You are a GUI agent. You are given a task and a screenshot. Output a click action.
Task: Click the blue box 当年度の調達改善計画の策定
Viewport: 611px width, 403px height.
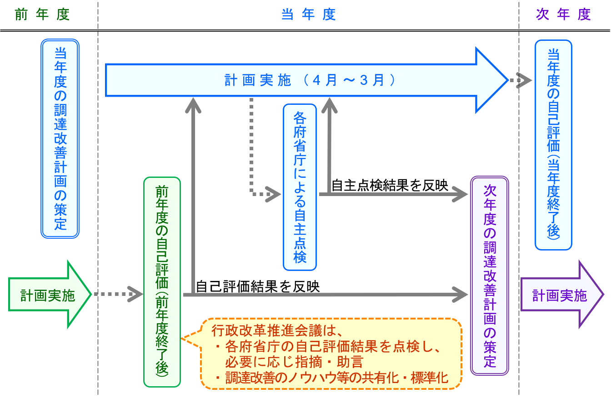(60, 138)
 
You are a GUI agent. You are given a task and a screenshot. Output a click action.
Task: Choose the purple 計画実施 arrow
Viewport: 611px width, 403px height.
(560, 295)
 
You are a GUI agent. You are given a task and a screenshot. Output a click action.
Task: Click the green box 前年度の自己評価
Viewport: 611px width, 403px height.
(162, 281)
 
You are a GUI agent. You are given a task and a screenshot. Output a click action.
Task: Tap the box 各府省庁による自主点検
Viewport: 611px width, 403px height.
(300, 187)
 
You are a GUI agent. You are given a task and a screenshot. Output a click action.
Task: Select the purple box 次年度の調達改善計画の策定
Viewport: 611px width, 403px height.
(490, 275)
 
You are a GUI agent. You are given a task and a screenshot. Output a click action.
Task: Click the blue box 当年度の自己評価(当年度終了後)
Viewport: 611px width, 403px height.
(553, 145)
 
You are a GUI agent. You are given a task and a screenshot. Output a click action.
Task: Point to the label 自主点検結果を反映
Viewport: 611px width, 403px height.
(390, 185)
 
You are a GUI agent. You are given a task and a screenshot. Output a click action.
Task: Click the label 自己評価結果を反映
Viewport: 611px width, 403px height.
(258, 286)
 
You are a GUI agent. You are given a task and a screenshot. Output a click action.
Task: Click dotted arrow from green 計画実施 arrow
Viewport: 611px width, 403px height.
(116, 294)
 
